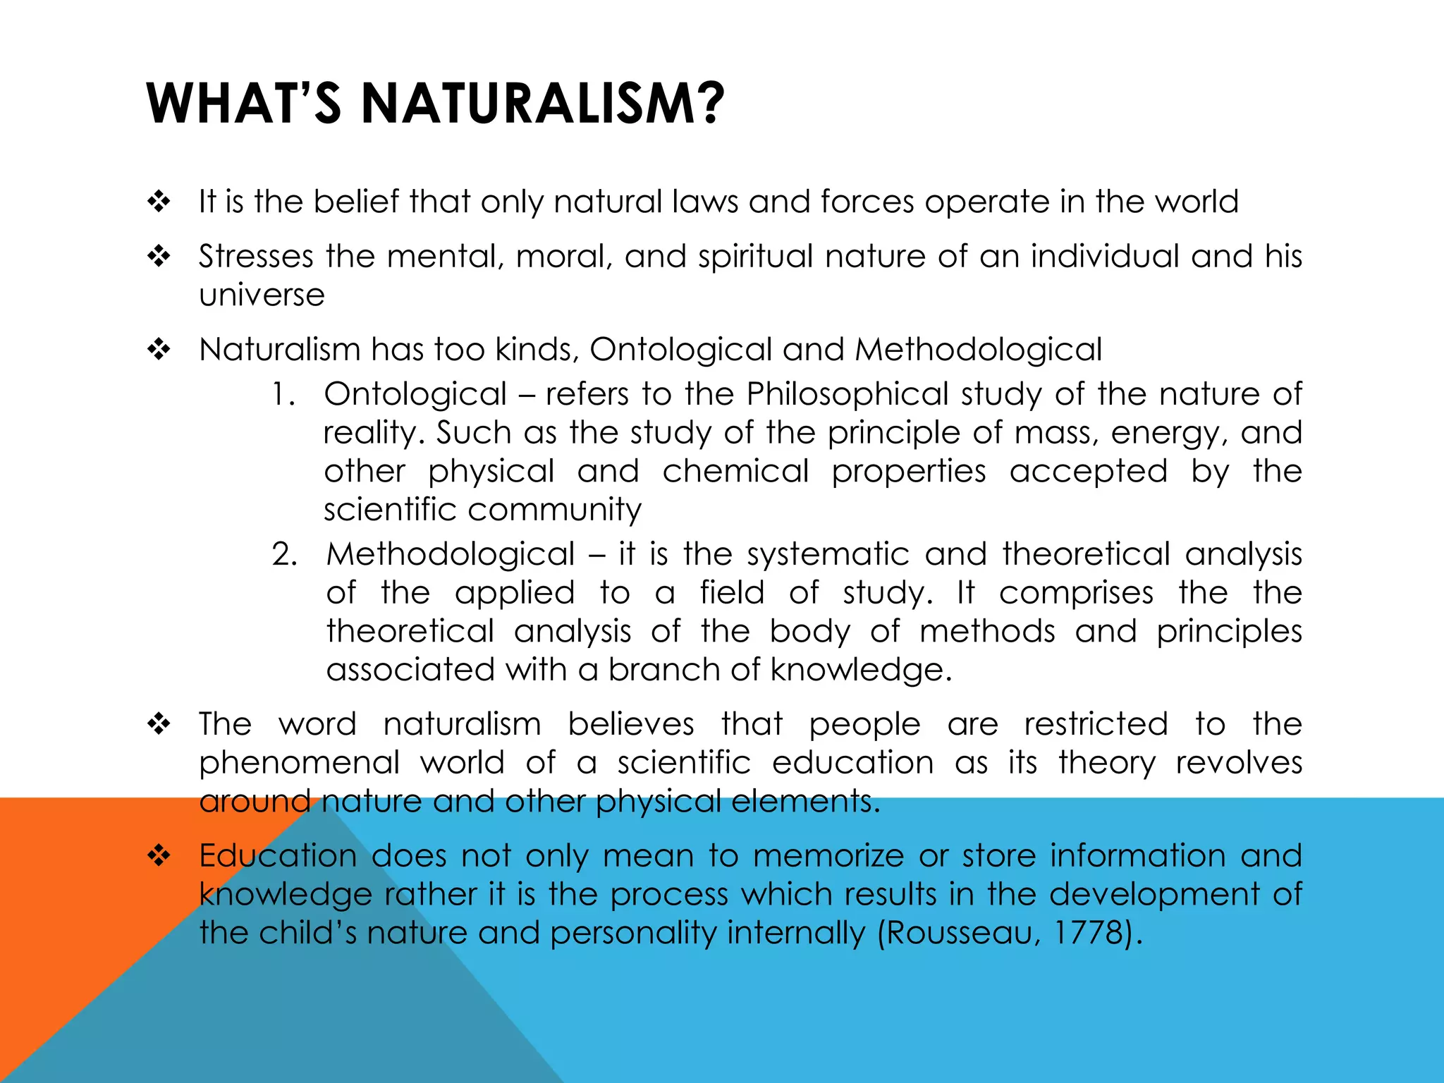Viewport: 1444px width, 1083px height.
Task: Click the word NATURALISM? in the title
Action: (x=542, y=104)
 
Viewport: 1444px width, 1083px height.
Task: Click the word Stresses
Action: (x=255, y=255)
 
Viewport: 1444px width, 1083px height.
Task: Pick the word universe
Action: (x=262, y=295)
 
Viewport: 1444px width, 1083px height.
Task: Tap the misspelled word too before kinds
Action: (x=458, y=349)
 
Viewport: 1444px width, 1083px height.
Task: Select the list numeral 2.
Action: (x=283, y=554)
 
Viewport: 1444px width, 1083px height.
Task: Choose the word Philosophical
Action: (x=848, y=394)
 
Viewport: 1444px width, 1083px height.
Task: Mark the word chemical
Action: (x=735, y=471)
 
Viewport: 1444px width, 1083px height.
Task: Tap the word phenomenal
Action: (x=299, y=763)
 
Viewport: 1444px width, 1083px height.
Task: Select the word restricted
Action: (x=1096, y=724)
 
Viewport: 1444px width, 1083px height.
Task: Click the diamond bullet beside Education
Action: (x=159, y=856)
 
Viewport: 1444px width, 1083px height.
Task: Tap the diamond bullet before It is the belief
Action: (x=159, y=202)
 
